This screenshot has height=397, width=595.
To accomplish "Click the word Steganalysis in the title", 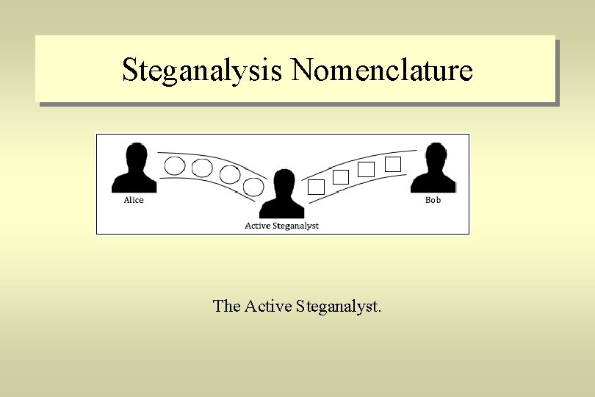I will [x=202, y=71].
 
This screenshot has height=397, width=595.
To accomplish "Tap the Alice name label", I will [x=134, y=200].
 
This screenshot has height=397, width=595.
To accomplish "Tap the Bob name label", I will [x=433, y=200].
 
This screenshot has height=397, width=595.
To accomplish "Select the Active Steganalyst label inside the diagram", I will [x=282, y=226].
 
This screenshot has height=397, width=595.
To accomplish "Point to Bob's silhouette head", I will [x=434, y=156].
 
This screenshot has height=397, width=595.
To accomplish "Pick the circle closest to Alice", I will [x=175, y=165].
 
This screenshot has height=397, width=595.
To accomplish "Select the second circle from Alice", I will [x=202, y=168].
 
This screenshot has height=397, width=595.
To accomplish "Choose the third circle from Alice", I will [x=230, y=174].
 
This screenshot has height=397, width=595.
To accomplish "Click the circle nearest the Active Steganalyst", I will [x=253, y=187].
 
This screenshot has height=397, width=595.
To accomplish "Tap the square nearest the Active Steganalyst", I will [x=316, y=187].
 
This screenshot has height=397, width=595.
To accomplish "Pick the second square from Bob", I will [x=366, y=170].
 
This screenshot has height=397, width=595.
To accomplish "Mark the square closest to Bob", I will [x=393, y=164].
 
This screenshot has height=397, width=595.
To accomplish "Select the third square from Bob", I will [x=341, y=177].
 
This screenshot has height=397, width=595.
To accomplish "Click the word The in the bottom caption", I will [x=226, y=306].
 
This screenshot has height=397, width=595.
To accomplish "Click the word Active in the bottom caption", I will [x=268, y=306].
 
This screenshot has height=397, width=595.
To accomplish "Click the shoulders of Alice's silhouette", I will [x=134, y=182].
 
